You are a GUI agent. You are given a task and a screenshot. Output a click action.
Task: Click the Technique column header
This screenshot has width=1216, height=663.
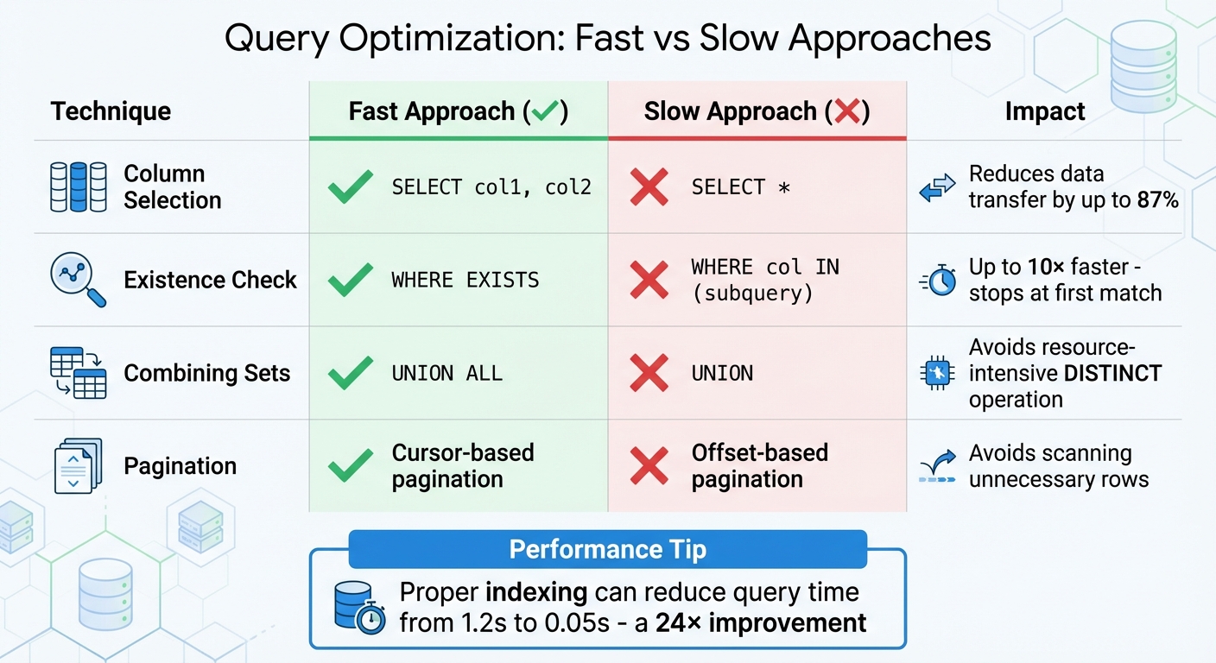(111, 111)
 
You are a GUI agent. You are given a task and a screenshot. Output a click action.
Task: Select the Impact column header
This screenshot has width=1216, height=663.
(1045, 111)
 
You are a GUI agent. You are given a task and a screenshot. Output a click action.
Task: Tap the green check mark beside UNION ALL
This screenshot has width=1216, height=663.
(351, 373)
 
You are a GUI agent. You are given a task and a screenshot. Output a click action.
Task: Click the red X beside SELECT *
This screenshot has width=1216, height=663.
(649, 186)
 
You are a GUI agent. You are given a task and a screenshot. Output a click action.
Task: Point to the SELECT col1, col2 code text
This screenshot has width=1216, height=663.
(491, 186)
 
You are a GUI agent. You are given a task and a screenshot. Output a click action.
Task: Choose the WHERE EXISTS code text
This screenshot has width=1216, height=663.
(465, 280)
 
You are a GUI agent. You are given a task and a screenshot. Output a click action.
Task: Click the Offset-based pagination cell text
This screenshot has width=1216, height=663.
(759, 466)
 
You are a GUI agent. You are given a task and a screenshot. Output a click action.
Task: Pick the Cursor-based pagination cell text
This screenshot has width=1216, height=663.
(463, 466)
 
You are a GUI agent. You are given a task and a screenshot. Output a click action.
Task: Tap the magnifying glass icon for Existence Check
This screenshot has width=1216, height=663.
(79, 280)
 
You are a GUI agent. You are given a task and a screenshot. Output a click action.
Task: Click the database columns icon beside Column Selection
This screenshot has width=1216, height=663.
(79, 186)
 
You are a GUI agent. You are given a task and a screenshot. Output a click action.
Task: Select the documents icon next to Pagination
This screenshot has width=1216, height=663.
(79, 466)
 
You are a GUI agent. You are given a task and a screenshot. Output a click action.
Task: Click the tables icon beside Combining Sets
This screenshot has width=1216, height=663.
(79, 373)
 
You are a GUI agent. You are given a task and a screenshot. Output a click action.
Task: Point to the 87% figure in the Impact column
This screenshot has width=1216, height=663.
(1157, 200)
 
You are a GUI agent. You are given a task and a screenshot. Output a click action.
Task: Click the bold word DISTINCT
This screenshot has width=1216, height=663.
(1114, 373)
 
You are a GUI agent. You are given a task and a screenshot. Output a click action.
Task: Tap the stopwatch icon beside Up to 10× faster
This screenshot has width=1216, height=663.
(938, 281)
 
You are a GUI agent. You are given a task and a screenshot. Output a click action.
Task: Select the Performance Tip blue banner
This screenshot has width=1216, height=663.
(607, 549)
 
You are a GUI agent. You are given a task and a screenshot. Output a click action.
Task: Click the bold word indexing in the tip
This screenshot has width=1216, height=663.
(535, 593)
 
